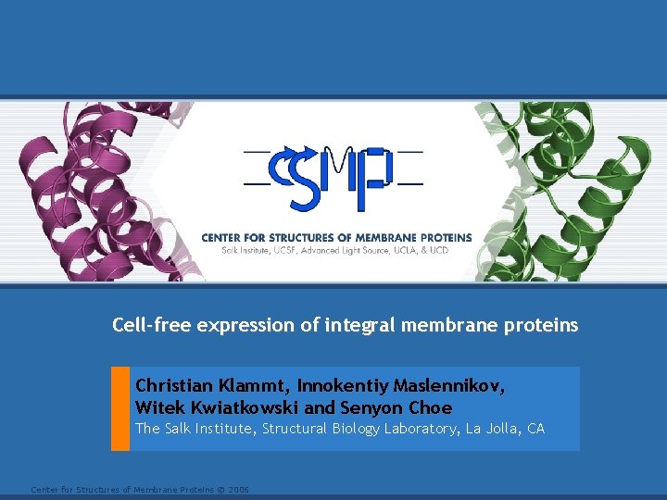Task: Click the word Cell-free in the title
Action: coord(149,325)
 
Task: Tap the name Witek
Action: coord(157,407)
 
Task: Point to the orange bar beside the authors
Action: coord(120,408)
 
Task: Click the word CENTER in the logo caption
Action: coord(223,238)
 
